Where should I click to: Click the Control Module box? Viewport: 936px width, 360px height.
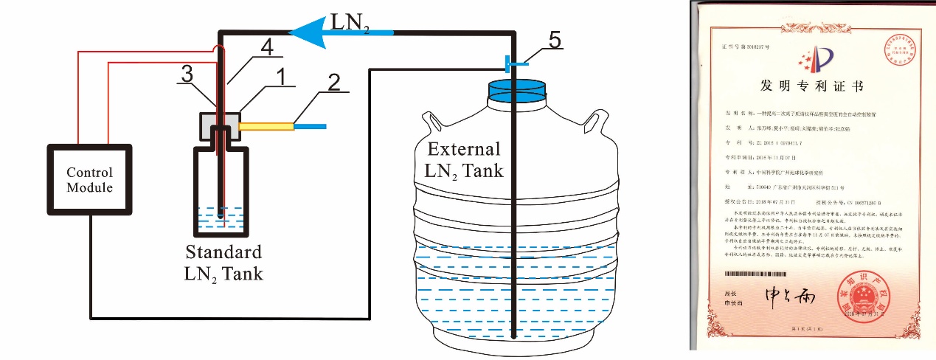coord(89,181)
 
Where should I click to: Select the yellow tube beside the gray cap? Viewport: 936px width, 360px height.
coord(266,127)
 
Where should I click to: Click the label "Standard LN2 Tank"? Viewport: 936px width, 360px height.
coord(223,261)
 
